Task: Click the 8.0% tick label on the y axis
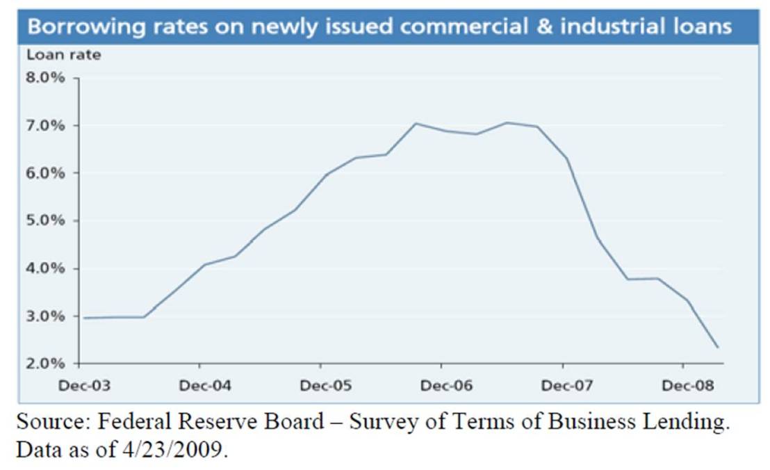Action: [x=46, y=78]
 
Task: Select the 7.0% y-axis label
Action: [x=46, y=126]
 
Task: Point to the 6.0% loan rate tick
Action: [x=46, y=173]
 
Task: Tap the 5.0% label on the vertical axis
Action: [x=46, y=221]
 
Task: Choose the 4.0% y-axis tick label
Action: [x=46, y=268]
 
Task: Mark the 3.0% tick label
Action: [x=46, y=316]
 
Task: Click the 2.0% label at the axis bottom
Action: [x=46, y=364]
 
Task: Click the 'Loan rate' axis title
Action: [x=64, y=55]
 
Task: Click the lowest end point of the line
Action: [x=718, y=348]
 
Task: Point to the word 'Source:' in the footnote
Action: [x=51, y=423]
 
